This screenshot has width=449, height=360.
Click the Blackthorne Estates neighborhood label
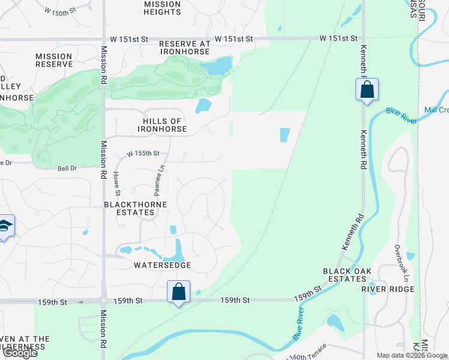(x=135, y=208)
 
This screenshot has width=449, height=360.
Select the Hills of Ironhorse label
(x=161, y=125)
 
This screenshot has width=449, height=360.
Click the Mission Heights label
(x=162, y=8)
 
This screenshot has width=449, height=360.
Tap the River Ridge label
(x=388, y=289)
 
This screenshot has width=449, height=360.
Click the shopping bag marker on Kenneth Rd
(x=367, y=91)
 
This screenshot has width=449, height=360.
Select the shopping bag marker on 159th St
(x=178, y=292)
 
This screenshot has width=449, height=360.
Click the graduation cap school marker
(x=5, y=227)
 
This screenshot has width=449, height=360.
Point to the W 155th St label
(x=143, y=154)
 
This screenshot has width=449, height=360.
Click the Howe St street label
(x=118, y=183)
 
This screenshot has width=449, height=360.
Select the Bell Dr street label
(x=67, y=169)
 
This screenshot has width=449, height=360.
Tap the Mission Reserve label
(x=53, y=61)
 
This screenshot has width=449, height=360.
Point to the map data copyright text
(x=412, y=355)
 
